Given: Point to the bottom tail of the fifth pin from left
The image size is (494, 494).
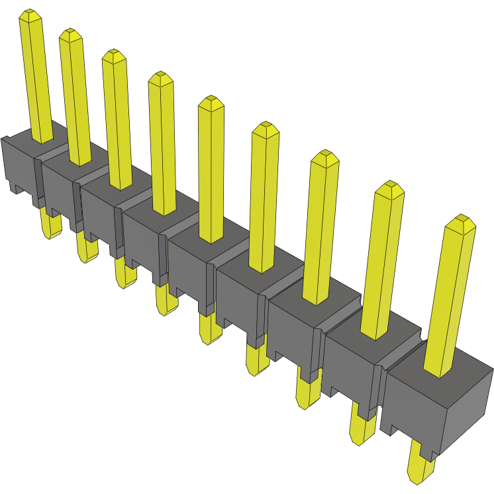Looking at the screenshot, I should click(x=209, y=328).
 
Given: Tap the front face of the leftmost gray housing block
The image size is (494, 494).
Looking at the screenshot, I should click(x=20, y=166).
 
